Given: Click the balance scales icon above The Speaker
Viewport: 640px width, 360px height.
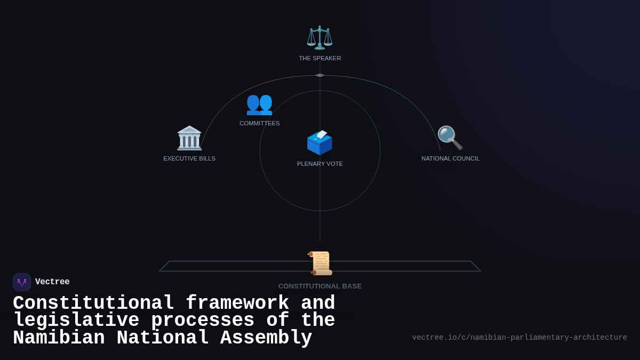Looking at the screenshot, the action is pyautogui.click(x=319, y=37).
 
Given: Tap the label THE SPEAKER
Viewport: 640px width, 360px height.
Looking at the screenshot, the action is pyautogui.click(x=320, y=58).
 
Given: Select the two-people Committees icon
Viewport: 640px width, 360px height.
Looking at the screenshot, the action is pyautogui.click(x=259, y=103).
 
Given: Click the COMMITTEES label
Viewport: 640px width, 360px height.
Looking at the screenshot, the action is pyautogui.click(x=259, y=123).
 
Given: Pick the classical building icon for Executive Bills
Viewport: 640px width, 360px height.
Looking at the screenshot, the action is pyautogui.click(x=189, y=138).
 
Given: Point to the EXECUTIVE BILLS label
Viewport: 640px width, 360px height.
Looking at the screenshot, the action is pyautogui.click(x=189, y=158).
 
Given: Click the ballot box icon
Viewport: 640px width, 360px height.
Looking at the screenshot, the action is pyautogui.click(x=319, y=142).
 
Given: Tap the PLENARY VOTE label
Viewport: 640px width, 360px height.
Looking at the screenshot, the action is pyautogui.click(x=320, y=164).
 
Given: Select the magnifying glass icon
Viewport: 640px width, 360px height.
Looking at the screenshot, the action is pyautogui.click(x=450, y=138).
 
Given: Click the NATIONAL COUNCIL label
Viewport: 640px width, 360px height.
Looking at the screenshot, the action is pyautogui.click(x=450, y=158).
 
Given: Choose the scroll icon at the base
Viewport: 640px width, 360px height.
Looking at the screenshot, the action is pyautogui.click(x=320, y=263).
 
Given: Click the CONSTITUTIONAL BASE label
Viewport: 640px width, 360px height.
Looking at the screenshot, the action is pyautogui.click(x=320, y=286).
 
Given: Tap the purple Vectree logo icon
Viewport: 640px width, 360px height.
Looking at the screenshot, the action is pyautogui.click(x=22, y=282).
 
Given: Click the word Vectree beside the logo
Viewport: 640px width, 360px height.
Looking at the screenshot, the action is pyautogui.click(x=52, y=282).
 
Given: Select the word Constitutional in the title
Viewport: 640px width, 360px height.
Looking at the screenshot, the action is pyautogui.click(x=93, y=303).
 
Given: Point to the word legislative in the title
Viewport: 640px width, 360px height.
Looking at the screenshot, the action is pyautogui.click(x=76, y=321).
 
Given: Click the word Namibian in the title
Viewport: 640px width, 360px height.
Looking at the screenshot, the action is pyautogui.click(x=59, y=338).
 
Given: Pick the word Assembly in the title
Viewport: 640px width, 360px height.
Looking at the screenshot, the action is pyautogui.click(x=266, y=338).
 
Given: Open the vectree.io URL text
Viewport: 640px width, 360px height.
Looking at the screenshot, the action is pyautogui.click(x=519, y=338).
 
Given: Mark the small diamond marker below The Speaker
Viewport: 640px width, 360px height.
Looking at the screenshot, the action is pyautogui.click(x=320, y=75).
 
